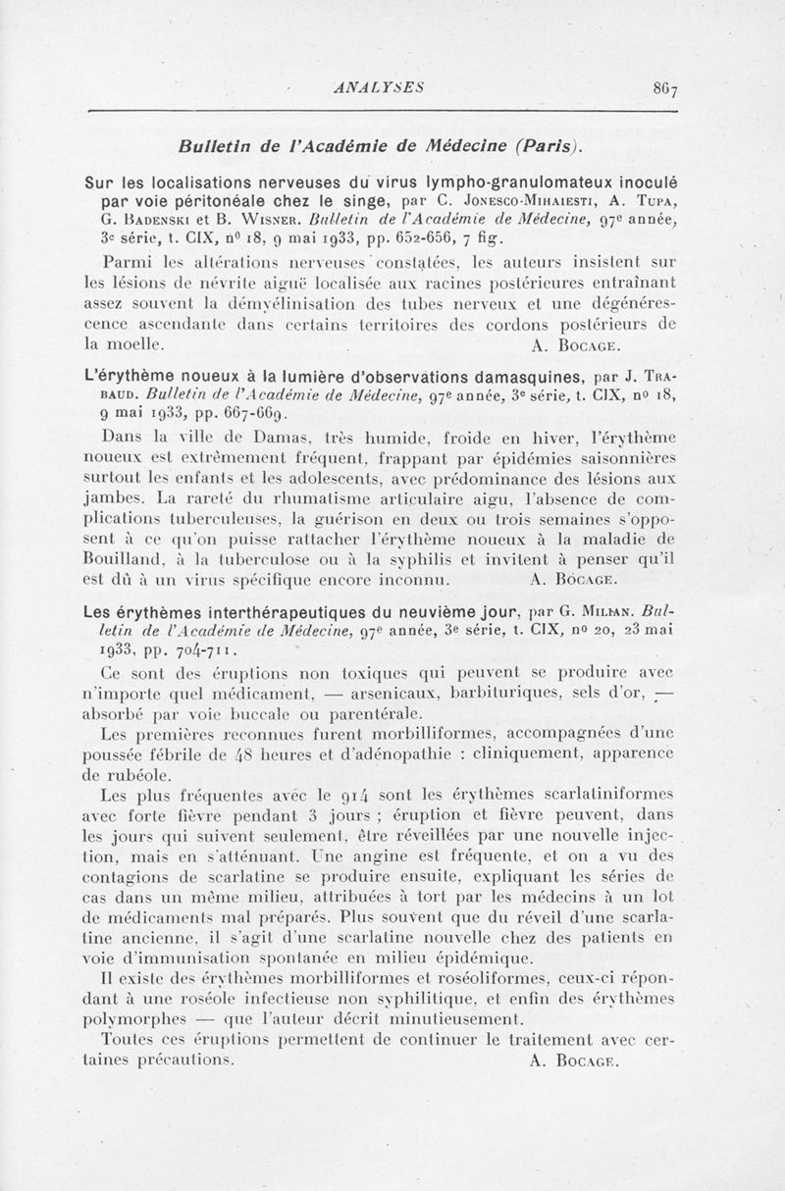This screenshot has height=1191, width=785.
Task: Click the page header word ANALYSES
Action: [x=379, y=86]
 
